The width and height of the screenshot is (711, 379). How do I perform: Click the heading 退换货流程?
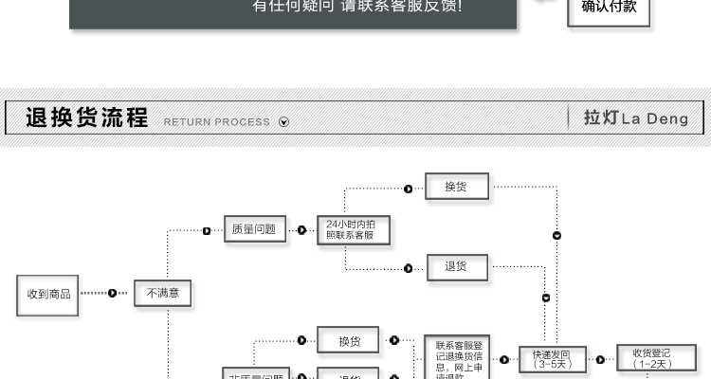pos(87,118)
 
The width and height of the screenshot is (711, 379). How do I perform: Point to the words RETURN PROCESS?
pos(217,122)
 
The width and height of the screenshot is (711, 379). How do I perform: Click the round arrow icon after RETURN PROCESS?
pos(283,122)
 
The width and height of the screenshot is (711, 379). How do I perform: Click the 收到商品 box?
pos(47,294)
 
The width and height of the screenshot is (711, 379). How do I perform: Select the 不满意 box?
pos(162,294)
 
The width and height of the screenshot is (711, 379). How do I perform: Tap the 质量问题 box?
pos(254,228)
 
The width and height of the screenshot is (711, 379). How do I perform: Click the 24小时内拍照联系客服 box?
pos(353,229)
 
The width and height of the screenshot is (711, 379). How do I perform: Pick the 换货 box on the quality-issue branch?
pos(457,188)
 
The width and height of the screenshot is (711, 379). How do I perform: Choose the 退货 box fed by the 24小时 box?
pos(457,267)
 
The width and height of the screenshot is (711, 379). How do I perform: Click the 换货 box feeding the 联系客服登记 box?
pos(350,341)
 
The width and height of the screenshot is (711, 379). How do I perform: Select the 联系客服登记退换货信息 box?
pos(458,358)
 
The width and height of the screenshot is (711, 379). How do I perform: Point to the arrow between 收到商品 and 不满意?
pos(112,293)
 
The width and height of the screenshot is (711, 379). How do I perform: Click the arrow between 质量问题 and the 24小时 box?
pos(301,229)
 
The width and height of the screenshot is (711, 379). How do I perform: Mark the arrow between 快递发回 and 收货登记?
pos(599,359)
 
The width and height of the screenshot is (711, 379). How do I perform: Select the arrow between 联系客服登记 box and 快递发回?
pos(503,359)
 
